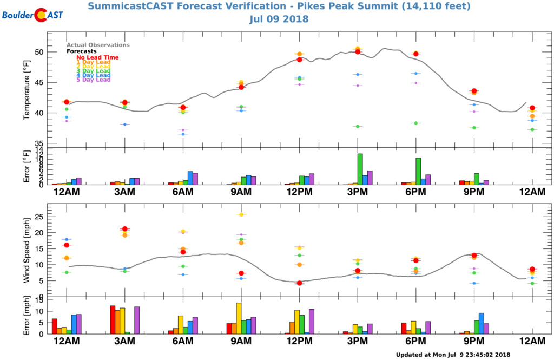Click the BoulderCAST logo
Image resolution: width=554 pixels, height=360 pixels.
pyautogui.click(x=32, y=15)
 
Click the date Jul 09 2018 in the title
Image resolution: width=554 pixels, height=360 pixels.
pyautogui.click(x=279, y=19)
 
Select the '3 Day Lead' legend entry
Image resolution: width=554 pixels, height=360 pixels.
pyautogui.click(x=93, y=71)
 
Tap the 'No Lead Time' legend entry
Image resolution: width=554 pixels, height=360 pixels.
pyautogui.click(x=97, y=57)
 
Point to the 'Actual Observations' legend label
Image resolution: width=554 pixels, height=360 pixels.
pyautogui.click(x=98, y=45)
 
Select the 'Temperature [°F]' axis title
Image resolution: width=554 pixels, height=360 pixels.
pyautogui.click(x=27, y=89)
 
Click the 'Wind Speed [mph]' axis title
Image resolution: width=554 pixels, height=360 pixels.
pyautogui.click(x=27, y=250)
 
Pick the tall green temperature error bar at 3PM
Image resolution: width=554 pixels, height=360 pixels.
pyautogui.click(x=360, y=169)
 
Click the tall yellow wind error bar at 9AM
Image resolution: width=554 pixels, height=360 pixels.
pyautogui.click(x=239, y=318)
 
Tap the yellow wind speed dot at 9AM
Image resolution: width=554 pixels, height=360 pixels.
pyautogui.click(x=241, y=214)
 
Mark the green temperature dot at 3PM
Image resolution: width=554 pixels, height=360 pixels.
pyautogui.click(x=358, y=126)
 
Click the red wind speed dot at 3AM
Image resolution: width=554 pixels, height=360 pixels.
pyautogui.click(x=125, y=229)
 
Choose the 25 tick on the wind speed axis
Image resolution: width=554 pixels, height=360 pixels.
pyautogui.click(x=39, y=217)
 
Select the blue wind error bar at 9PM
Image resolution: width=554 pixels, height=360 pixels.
pyautogui.click(x=482, y=323)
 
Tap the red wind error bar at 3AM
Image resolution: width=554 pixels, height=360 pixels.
pyautogui.click(x=113, y=320)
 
